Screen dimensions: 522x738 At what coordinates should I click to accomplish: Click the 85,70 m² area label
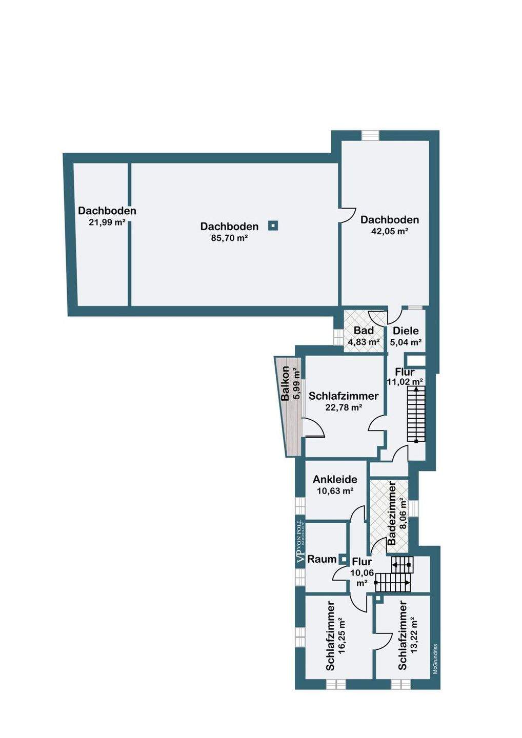(x=229, y=238)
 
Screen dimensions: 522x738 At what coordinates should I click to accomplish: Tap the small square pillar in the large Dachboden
(x=273, y=226)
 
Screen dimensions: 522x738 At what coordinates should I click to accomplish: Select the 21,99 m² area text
(x=107, y=222)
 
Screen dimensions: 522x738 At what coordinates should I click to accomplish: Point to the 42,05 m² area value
(x=390, y=231)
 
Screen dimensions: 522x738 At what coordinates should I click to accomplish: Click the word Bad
(x=364, y=331)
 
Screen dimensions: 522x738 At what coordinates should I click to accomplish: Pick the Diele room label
(x=406, y=331)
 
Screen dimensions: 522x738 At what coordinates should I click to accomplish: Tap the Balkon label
(x=286, y=383)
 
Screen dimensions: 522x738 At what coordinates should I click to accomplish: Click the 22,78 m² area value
(x=344, y=407)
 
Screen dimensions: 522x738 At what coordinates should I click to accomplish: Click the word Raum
(x=322, y=559)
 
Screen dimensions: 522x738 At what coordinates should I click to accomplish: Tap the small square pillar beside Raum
(x=343, y=559)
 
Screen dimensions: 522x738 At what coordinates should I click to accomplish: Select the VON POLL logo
(x=300, y=547)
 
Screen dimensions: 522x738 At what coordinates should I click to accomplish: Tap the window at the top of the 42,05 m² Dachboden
(x=370, y=135)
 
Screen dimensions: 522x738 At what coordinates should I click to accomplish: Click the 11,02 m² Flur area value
(x=405, y=382)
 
